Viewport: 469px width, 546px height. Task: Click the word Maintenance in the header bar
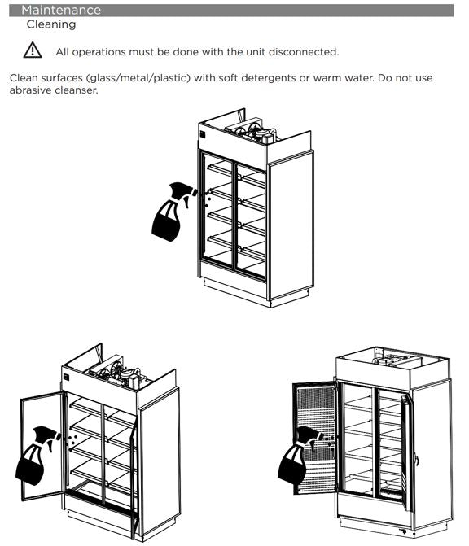point(61,10)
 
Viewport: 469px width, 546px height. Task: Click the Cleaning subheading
point(51,24)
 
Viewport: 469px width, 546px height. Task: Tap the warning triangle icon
point(33,50)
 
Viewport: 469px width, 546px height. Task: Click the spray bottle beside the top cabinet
point(172,212)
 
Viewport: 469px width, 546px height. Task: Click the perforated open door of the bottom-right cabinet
point(315,437)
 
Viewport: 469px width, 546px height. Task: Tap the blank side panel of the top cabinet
point(291,225)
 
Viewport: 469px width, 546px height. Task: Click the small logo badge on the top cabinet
point(203,135)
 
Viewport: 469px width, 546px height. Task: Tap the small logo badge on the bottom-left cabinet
point(67,378)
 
